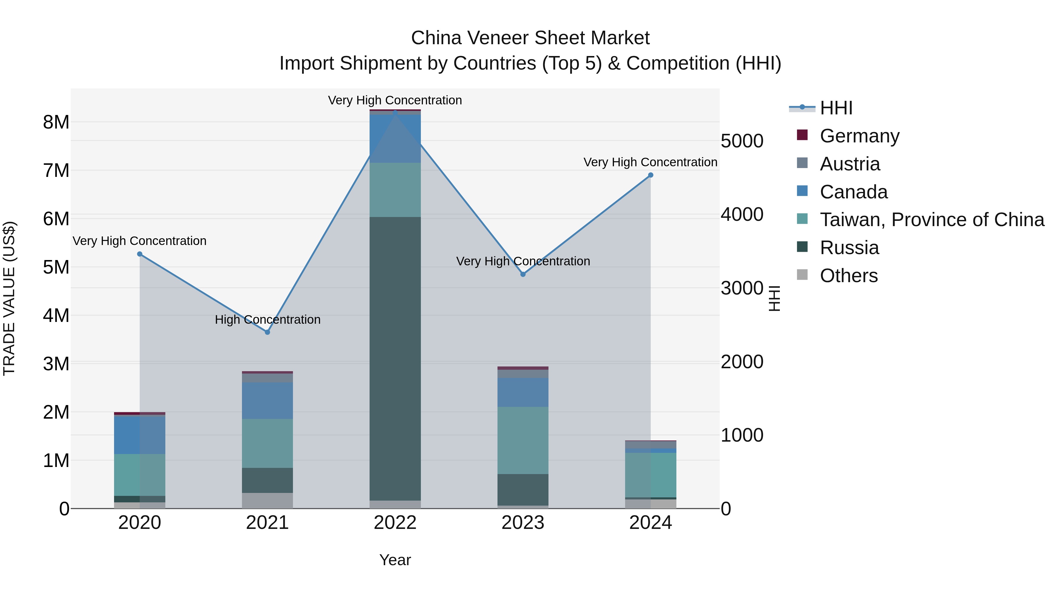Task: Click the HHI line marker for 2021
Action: tap(267, 332)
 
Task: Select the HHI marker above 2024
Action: tap(651, 175)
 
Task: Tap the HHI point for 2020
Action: tap(140, 254)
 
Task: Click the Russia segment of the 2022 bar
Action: tap(395, 358)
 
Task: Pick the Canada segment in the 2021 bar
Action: tap(267, 400)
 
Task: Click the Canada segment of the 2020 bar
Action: tap(140, 435)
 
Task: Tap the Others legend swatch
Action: tap(802, 275)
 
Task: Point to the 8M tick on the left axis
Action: tap(56, 122)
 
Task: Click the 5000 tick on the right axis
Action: tap(742, 141)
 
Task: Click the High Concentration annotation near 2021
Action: tap(268, 319)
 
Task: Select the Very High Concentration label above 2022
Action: tap(395, 100)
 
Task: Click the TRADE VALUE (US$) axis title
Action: tap(9, 298)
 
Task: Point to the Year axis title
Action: tap(395, 560)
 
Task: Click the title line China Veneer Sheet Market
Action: tap(530, 38)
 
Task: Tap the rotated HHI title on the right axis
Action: tap(774, 298)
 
